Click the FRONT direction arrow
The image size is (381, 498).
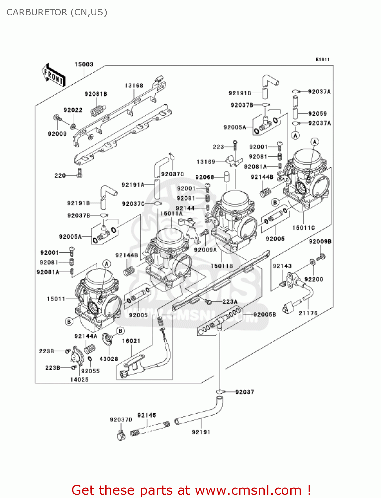[x=53, y=75]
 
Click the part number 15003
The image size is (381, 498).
[x=84, y=64]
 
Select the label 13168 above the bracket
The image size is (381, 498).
[x=134, y=85]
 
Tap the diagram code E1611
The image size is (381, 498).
[x=322, y=59]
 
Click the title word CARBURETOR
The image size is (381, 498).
[x=37, y=12]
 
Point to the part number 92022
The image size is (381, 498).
[x=73, y=110]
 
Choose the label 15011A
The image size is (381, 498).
[x=171, y=213]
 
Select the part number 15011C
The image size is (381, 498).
[x=303, y=227]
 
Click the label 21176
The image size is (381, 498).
[x=308, y=313]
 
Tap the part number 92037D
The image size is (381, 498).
[x=121, y=420]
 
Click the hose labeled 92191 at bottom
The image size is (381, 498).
[x=199, y=415]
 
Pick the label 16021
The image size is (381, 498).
[x=131, y=341]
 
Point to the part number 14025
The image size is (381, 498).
[x=79, y=379]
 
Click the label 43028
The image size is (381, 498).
[x=109, y=359]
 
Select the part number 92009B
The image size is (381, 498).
[x=320, y=241]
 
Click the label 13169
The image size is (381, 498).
[x=206, y=162]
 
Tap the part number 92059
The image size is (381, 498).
[x=317, y=114]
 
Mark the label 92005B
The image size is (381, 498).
[x=264, y=314]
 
